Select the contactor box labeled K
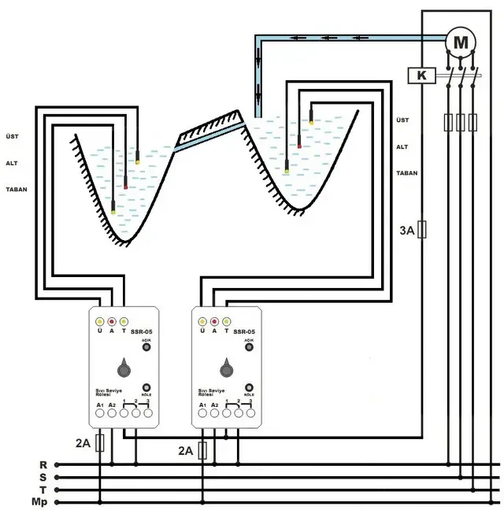[x=423, y=76]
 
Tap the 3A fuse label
[x=406, y=231]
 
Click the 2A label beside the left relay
[x=83, y=443]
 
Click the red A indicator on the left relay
[x=112, y=322]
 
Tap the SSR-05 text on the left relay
[x=141, y=332]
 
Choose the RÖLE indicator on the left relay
[x=146, y=387]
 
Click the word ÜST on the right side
[x=402, y=120]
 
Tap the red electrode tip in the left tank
[x=124, y=187]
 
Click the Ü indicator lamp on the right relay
[x=203, y=322]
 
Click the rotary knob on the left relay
[x=124, y=368]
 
